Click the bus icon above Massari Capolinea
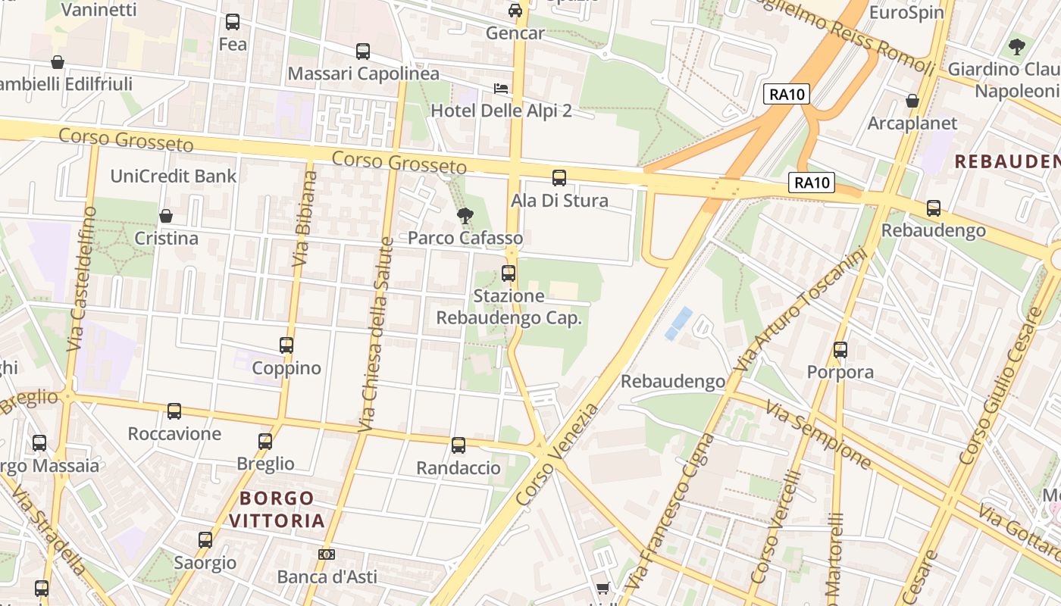tap(363, 52)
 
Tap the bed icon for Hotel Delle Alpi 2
tap(501, 89)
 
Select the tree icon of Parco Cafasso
tap(465, 216)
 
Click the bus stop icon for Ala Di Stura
tap(559, 178)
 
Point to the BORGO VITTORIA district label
tap(277, 509)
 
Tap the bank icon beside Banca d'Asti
tap(327, 554)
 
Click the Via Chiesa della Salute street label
tap(377, 335)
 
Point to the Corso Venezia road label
tap(556, 455)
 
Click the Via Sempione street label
tap(818, 435)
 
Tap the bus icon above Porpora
tap(840, 350)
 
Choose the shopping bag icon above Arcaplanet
tap(912, 101)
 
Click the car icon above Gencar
tap(515, 11)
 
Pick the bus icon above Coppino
tap(286, 345)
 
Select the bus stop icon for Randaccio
tap(459, 445)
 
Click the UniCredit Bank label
tap(174, 176)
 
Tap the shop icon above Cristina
tap(166, 217)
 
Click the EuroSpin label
tap(906, 12)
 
